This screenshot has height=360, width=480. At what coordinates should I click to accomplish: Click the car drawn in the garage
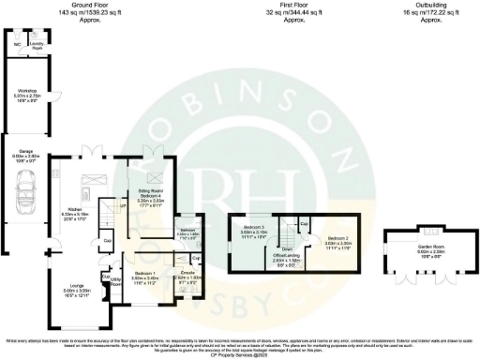(25, 194)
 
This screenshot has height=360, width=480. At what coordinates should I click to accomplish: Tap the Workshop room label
(22, 90)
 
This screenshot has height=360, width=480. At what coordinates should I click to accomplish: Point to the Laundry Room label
(37, 43)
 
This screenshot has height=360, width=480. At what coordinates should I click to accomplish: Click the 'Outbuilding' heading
(412, 5)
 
